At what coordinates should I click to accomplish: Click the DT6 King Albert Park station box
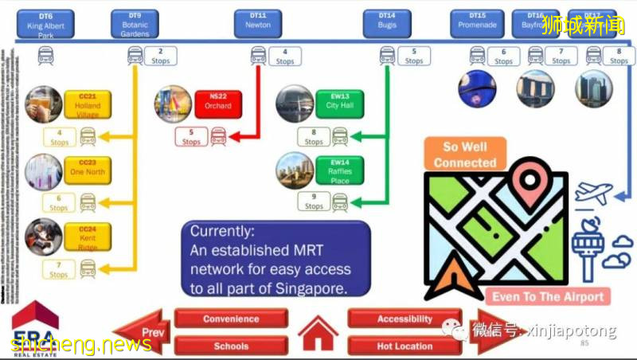45,25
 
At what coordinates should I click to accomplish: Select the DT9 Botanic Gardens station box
135,25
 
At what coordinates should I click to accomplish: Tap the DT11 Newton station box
258,25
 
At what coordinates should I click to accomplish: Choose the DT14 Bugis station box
387,25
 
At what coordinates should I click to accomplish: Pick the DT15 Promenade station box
477,25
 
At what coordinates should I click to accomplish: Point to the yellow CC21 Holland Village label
88,106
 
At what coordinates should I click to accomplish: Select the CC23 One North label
88,168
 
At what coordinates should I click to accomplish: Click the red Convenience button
231,319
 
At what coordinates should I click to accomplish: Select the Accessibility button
404,319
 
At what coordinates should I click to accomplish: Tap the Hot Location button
404,346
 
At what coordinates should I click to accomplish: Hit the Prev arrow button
143,331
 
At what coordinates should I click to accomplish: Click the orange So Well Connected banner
465,155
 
